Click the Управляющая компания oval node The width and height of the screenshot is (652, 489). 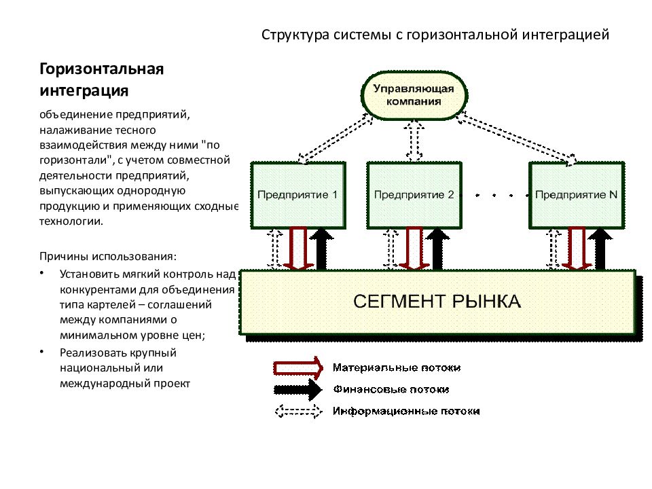(x=414, y=95)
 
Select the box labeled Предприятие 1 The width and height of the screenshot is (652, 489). (x=297, y=194)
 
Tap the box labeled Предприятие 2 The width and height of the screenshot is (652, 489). (x=414, y=194)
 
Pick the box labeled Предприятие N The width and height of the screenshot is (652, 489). (x=576, y=194)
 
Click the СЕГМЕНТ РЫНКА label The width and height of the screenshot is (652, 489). (x=437, y=301)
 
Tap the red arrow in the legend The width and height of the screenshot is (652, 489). (x=297, y=367)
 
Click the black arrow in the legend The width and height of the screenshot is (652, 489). (x=297, y=389)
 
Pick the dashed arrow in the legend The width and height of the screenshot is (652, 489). (x=297, y=411)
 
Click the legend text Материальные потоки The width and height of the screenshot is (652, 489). (x=397, y=367)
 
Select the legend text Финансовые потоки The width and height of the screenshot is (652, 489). (x=391, y=389)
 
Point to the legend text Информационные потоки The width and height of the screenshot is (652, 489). (x=406, y=411)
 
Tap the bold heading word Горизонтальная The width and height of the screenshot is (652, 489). (x=102, y=69)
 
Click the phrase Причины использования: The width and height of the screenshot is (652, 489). (x=107, y=257)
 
